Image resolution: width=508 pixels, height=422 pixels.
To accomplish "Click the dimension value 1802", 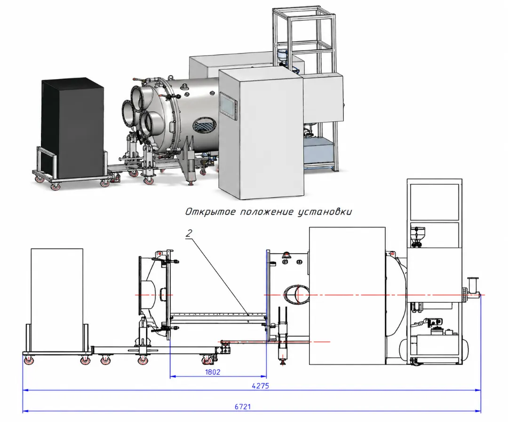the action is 213,372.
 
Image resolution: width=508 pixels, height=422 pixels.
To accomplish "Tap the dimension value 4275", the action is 260,386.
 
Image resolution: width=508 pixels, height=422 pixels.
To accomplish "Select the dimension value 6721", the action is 243,407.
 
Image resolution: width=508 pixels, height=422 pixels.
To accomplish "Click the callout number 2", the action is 189,233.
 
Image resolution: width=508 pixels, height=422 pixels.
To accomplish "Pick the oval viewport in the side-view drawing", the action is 295,295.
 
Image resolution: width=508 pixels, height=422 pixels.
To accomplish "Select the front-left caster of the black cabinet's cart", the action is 54,186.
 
